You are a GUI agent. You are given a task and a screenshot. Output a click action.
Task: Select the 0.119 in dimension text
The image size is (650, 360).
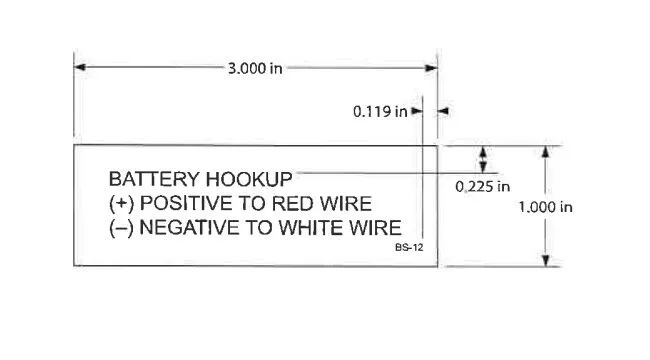click(380, 112)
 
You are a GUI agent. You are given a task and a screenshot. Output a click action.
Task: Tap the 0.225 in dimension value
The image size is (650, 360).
click(483, 186)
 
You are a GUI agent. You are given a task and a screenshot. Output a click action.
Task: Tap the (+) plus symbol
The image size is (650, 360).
click(120, 203)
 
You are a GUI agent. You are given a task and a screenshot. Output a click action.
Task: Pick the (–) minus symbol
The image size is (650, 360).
click(120, 227)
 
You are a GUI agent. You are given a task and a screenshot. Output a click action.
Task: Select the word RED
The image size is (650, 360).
click(286, 203)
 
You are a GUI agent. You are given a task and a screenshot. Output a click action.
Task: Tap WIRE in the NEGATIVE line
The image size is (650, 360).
click(376, 227)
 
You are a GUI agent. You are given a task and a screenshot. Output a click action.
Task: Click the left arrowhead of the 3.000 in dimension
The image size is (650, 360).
click(80, 68)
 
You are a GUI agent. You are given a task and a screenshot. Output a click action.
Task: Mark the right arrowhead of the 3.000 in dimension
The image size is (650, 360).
click(432, 68)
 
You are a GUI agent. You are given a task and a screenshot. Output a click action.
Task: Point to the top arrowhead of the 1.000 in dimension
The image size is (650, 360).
click(545, 151)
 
